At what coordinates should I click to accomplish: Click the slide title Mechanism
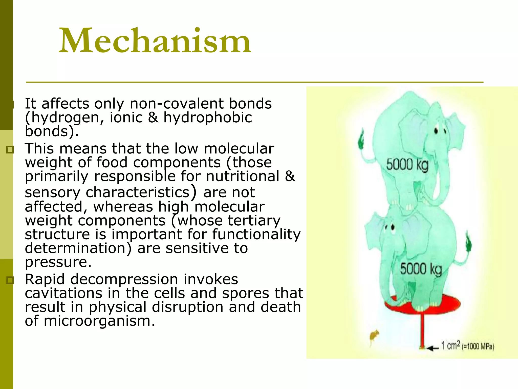point(155,41)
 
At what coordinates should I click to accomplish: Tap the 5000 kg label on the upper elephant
point(407,165)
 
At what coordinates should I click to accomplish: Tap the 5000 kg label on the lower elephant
point(421,269)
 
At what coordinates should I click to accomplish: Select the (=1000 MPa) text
point(478,346)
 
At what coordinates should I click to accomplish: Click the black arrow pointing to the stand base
point(433,348)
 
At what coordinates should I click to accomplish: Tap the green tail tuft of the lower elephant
point(468,243)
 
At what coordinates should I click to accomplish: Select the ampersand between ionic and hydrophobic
point(153,118)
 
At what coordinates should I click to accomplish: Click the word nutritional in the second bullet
point(243,176)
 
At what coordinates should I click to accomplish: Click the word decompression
point(124,279)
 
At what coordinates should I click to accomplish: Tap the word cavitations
point(63,293)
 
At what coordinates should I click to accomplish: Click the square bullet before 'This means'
point(10,150)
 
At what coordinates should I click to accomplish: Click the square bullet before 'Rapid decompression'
point(10,280)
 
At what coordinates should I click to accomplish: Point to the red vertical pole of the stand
point(422,329)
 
